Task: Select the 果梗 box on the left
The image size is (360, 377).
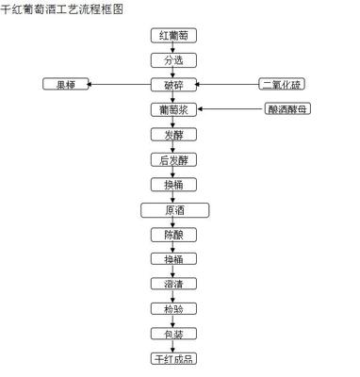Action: (64, 85)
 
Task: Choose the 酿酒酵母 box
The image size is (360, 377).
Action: (287, 109)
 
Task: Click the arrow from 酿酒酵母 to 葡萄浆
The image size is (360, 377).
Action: (231, 109)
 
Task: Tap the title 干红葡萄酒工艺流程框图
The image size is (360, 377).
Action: (62, 8)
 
